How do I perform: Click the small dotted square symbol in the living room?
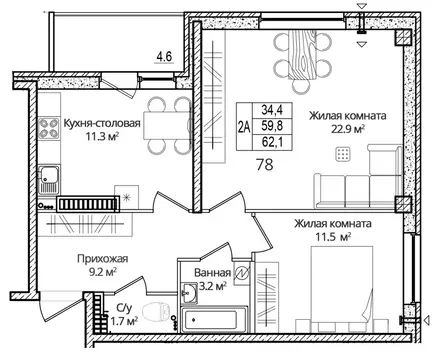[x=345, y=154]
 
